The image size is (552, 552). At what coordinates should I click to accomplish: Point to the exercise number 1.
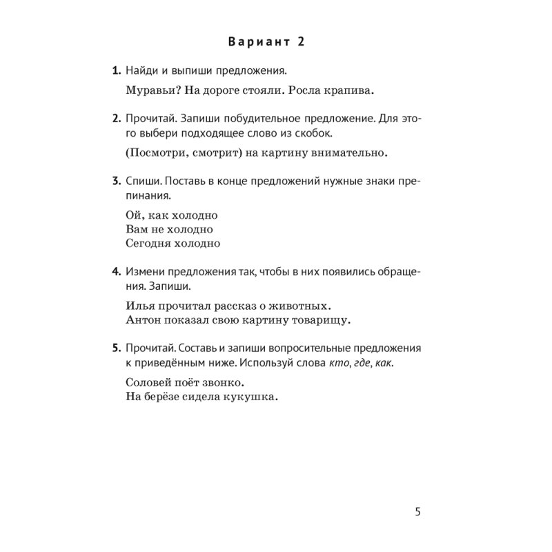[x=115, y=71]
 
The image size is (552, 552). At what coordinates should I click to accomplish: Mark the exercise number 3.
[x=115, y=181]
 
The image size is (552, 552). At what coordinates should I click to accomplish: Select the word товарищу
[x=320, y=319]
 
